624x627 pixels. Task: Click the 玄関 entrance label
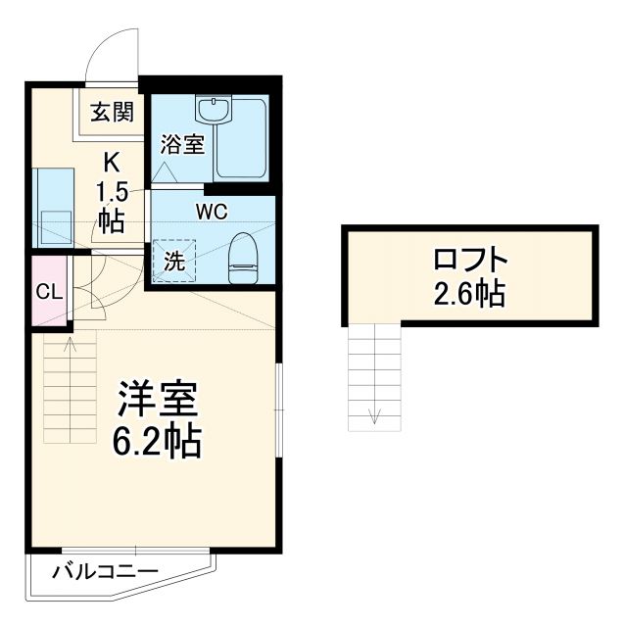tap(112, 112)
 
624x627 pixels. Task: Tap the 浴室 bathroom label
tap(182, 144)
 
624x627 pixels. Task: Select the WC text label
tap(212, 211)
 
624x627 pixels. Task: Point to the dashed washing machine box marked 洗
tap(173, 261)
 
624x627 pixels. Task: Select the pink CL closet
tap(45, 291)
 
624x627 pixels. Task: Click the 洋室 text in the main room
tap(159, 400)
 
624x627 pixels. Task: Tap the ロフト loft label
tap(470, 261)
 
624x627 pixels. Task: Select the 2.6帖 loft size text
tap(470, 293)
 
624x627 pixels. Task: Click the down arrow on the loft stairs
tap(374, 413)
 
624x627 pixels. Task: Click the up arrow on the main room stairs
tap(71, 345)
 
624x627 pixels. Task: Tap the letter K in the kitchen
tap(111, 161)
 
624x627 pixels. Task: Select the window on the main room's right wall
tap(278, 411)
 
